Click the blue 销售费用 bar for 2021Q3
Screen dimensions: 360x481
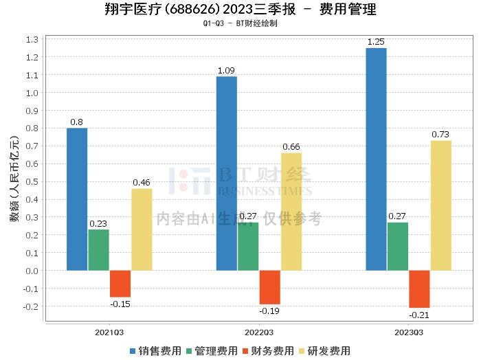77,199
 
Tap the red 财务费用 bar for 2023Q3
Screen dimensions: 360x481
419,289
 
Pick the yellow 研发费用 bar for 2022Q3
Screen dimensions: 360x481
291,212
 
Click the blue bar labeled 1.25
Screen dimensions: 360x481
376,159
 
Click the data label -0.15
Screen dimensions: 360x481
120,303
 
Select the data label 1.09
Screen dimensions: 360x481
227,70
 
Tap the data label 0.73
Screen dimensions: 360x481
440,134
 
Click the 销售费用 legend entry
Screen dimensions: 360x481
155,350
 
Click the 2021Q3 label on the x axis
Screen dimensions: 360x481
109,332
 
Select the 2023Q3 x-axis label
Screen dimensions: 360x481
409,332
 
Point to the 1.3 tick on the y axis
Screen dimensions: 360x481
32,39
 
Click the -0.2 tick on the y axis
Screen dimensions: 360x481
31,306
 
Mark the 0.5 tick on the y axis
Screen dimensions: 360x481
32,181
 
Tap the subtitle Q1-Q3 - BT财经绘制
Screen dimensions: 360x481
240,23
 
